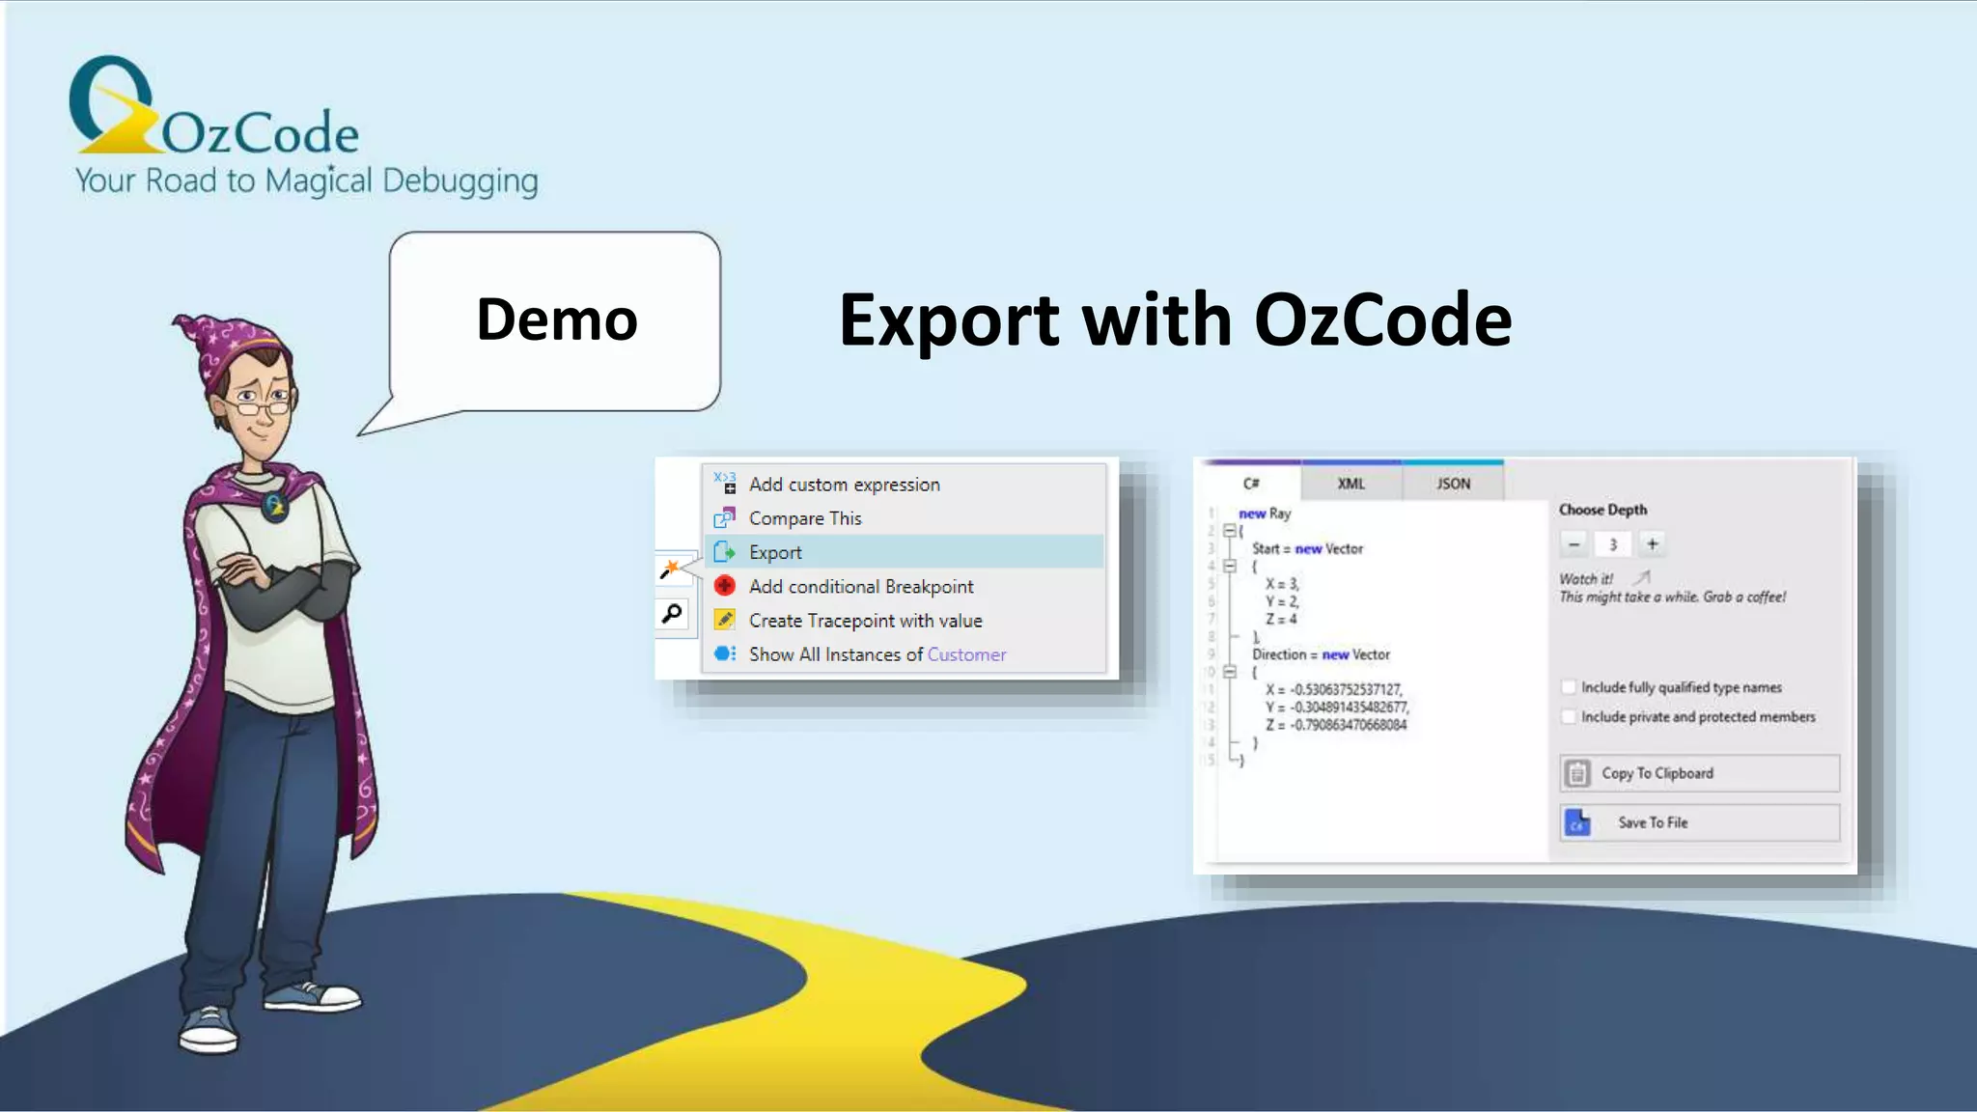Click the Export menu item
pyautogui.click(x=775, y=552)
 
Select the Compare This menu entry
pyautogui.click(x=804, y=518)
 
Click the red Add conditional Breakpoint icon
pyautogui.click(x=724, y=586)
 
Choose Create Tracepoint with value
pyautogui.click(x=865, y=621)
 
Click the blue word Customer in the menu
pyautogui.click(x=966, y=654)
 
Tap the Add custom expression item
pyautogui.click(x=844, y=485)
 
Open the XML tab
pyautogui.click(x=1350, y=483)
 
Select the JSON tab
pyautogui.click(x=1453, y=483)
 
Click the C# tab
pyautogui.click(x=1251, y=483)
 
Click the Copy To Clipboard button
pyautogui.click(x=1699, y=773)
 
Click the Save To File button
pyautogui.click(x=1699, y=822)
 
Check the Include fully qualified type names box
pyautogui.click(x=1569, y=687)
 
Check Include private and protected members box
pyautogui.click(x=1569, y=716)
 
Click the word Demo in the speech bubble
pyautogui.click(x=557, y=320)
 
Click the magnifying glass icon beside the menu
pyautogui.click(x=672, y=613)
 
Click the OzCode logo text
pyautogui.click(x=260, y=132)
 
